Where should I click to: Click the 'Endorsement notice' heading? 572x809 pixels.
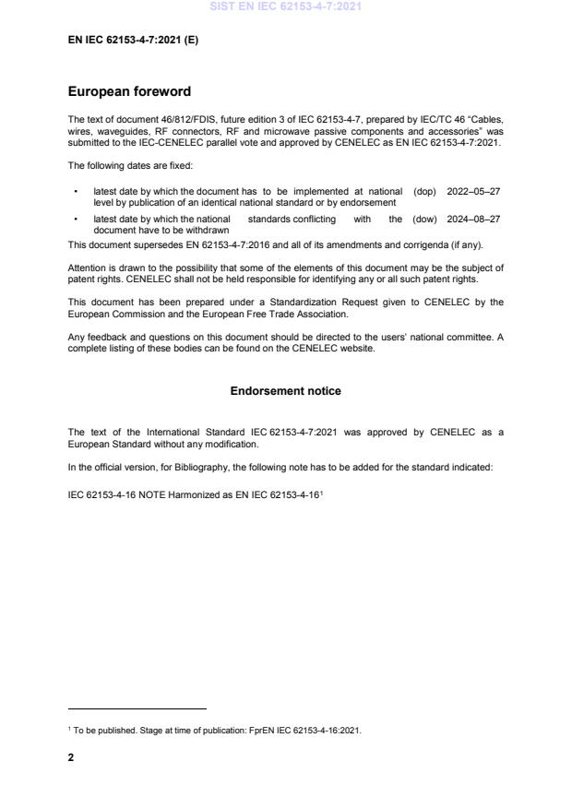[285, 391]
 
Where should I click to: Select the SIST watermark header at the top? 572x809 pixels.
[286, 6]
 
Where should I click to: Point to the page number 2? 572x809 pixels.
[72, 757]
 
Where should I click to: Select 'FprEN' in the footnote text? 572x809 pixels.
[262, 731]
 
